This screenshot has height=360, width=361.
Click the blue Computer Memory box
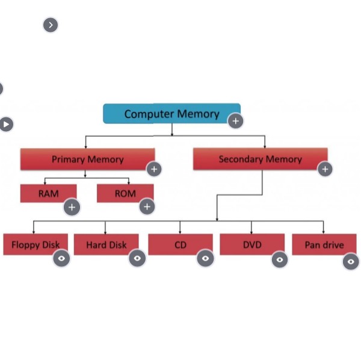tap(171, 113)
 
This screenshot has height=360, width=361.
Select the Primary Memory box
tap(87, 159)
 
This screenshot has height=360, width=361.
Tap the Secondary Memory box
tap(260, 159)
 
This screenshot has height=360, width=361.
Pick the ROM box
tap(124, 193)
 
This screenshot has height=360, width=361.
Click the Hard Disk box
tap(106, 244)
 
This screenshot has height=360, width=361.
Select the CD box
tap(180, 244)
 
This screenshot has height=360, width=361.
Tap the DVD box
tap(251, 244)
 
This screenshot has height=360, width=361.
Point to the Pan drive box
tap(324, 244)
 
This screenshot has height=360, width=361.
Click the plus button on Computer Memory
tap(235, 121)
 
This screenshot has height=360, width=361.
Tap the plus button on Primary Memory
tap(154, 169)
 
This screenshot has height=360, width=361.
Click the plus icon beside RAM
tap(72, 207)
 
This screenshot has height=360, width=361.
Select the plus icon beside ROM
tap(147, 207)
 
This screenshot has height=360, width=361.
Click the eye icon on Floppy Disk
tap(61, 258)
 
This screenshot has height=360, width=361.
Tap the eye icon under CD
tap(205, 258)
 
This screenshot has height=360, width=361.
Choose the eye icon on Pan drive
tap(351, 261)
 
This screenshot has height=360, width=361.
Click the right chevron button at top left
tap(51, 25)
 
